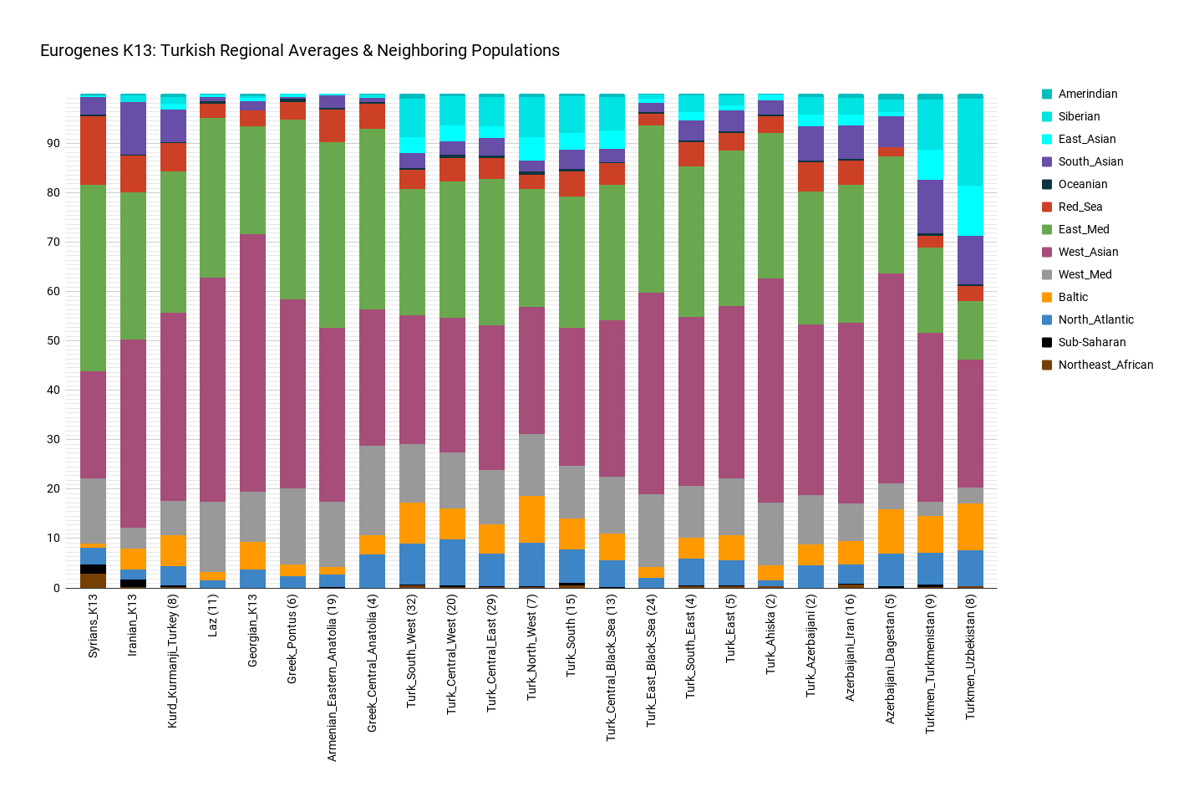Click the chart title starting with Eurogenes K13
(300, 51)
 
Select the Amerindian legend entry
(1087, 95)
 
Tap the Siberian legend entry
(1079, 117)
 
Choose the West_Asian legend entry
(1088, 253)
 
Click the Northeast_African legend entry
(1105, 365)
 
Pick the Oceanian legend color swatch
(1047, 185)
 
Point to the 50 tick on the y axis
(53, 341)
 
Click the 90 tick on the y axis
(53, 144)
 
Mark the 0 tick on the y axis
(57, 588)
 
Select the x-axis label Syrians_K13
(94, 626)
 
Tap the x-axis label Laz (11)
(213, 616)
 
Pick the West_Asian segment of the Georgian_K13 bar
(252, 363)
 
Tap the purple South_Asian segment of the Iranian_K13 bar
(134, 128)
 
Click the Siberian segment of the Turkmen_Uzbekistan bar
(970, 142)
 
